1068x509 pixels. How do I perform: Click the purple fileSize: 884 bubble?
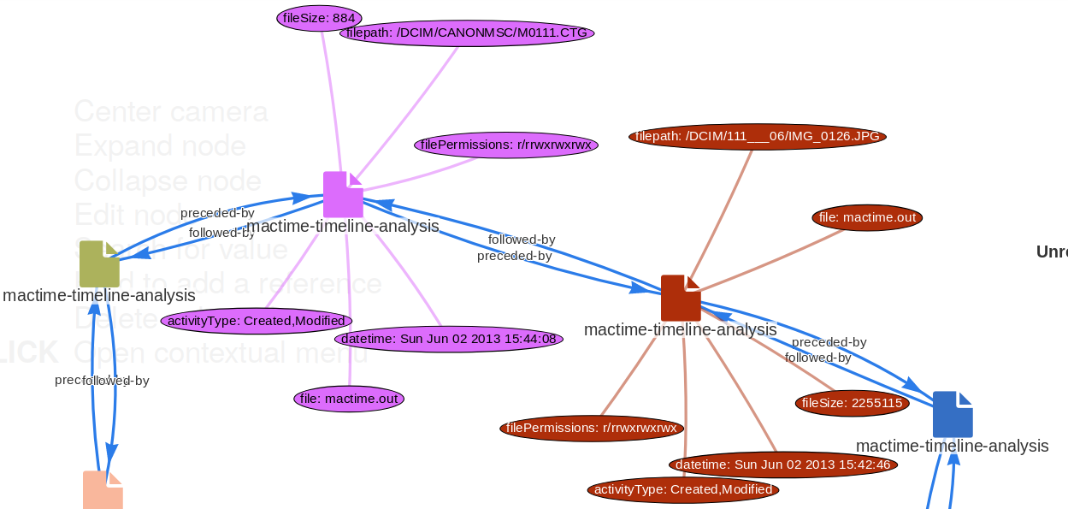(320, 17)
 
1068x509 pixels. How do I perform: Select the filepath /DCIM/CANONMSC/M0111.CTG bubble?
(466, 33)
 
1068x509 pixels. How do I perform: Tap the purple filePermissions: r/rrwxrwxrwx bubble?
(506, 145)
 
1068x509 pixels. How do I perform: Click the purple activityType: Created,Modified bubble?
(256, 321)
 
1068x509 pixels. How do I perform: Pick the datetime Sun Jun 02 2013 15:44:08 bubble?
(448, 339)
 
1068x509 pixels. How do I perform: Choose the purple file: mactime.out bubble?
(349, 398)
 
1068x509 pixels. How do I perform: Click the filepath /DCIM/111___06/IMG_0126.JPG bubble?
(757, 136)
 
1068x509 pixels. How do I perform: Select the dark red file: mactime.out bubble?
(867, 217)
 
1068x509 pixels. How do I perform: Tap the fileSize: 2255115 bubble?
(852, 403)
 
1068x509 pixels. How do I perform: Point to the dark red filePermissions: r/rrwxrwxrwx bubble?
(592, 427)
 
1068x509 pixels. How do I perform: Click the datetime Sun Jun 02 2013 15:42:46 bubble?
(782, 465)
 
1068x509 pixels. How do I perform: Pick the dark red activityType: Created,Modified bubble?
(683, 489)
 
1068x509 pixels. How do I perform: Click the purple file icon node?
(343, 194)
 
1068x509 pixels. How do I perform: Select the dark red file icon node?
(681, 298)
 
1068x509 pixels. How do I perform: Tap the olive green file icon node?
(99, 263)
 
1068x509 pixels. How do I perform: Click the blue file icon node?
(953, 414)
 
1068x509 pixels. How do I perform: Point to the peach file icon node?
(103, 489)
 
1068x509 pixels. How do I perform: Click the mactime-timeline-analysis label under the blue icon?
(952, 446)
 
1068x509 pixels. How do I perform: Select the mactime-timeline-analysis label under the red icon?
(680, 329)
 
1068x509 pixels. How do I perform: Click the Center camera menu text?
(171, 111)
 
